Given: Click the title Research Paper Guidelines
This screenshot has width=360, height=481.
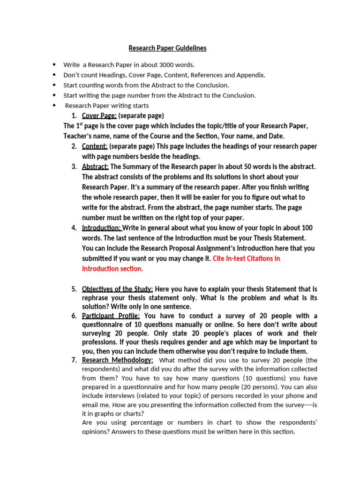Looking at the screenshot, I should tap(167, 48).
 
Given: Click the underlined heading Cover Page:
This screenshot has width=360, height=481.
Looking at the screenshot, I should tap(99, 116).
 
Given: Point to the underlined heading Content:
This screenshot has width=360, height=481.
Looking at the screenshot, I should tap(95, 147).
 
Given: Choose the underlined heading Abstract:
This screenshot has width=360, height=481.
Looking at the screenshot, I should tap(95, 167).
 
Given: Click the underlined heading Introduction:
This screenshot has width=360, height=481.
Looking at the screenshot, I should tap(101, 228).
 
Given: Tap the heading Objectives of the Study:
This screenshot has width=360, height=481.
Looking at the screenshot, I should tap(117, 289).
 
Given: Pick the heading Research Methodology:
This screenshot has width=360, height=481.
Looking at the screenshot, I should tap(117, 360).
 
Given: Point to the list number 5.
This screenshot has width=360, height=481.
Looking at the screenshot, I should tap(74, 289).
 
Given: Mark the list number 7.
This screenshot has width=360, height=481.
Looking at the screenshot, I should tap(74, 360).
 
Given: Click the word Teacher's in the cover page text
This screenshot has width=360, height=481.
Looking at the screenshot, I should tap(79, 136).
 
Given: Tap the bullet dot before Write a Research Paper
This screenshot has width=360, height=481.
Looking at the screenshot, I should tap(54, 65).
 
